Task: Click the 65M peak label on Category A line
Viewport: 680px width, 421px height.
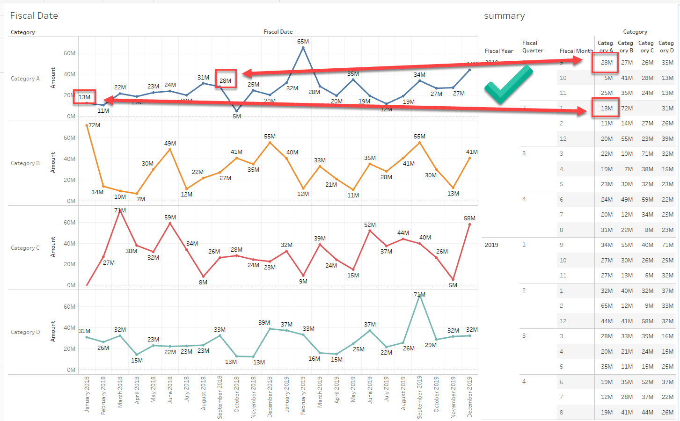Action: click(303, 42)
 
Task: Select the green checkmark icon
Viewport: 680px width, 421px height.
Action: click(508, 85)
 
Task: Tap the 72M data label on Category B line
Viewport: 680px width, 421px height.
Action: click(94, 125)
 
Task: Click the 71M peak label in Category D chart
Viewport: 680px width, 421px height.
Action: click(419, 295)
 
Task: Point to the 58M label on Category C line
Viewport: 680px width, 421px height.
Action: click(469, 218)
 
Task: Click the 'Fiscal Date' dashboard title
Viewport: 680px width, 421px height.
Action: click(34, 16)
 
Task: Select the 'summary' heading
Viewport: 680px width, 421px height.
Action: click(504, 16)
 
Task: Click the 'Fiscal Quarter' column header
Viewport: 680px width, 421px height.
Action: click(533, 47)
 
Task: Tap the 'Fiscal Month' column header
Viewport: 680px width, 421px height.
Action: click(576, 51)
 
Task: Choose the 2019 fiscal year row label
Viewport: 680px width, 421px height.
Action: click(491, 245)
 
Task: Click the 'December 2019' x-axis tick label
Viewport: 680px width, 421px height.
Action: click(469, 397)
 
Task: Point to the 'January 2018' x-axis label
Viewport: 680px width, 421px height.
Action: click(87, 394)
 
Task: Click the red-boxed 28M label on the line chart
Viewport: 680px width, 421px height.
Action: click(226, 80)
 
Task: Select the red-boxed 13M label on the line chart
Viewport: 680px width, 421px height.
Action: click(85, 97)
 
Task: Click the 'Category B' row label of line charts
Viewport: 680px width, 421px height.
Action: click(25, 163)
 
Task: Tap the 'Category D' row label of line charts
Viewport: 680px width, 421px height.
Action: click(25, 332)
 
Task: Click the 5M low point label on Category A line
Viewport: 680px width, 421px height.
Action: click(237, 116)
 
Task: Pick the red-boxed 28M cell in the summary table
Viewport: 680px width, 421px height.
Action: click(607, 63)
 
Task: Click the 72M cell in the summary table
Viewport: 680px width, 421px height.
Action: click(627, 109)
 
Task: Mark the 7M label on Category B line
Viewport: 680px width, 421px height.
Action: click(141, 199)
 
